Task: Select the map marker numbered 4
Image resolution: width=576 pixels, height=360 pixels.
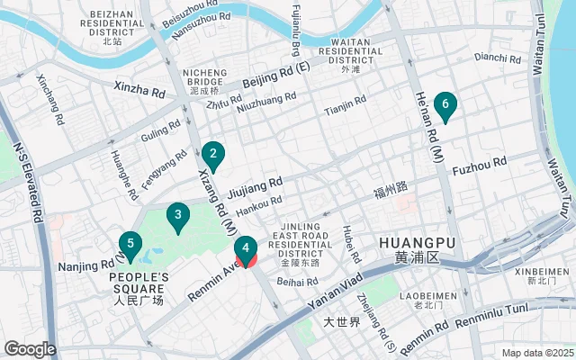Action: coord(245,249)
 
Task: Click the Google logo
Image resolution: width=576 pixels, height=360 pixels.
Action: coord(30,348)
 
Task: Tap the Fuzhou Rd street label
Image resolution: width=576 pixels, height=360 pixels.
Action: coord(480,166)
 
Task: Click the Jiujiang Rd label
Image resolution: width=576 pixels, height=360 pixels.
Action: coord(256,186)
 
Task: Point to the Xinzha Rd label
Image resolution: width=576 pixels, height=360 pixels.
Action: coord(139,88)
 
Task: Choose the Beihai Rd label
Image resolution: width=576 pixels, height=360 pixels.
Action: coord(298,282)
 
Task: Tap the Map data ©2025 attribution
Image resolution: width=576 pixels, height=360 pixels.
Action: coord(535,353)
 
